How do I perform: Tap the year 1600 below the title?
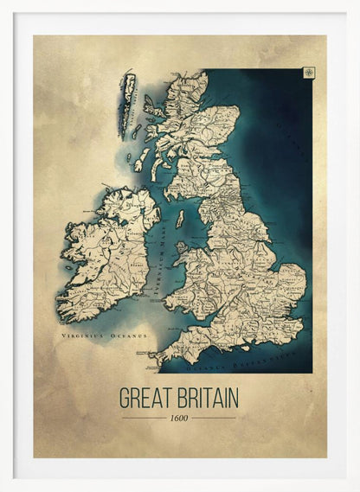pyautogui.click(x=179, y=419)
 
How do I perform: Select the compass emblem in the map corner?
pyautogui.click(x=309, y=72)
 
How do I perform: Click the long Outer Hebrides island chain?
pyautogui.click(x=128, y=94)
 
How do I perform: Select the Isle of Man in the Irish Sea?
pyautogui.click(x=180, y=220)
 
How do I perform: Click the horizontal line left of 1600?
pyautogui.click(x=143, y=419)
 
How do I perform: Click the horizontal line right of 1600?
pyautogui.click(x=214, y=419)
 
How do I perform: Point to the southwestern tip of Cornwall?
pyautogui.click(x=156, y=354)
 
